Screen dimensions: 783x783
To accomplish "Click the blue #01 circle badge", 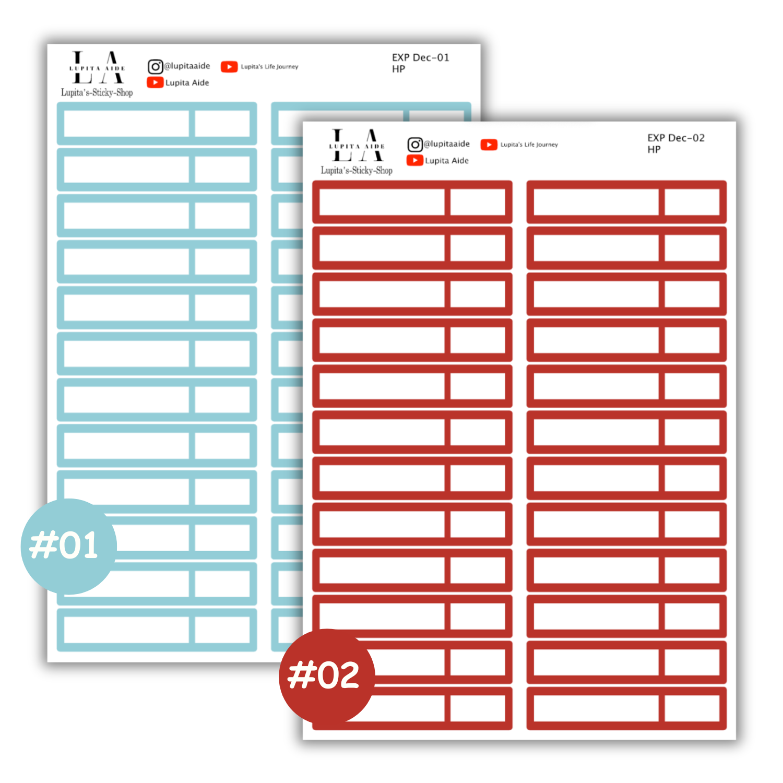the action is (x=68, y=546).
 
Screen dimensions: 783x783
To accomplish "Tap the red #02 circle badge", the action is (x=327, y=676).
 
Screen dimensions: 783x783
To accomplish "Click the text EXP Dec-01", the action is (x=420, y=57).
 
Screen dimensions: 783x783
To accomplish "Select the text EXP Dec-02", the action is (x=676, y=138).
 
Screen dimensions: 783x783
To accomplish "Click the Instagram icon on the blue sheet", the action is (x=155, y=67).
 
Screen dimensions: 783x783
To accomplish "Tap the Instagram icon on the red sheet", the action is (x=415, y=145).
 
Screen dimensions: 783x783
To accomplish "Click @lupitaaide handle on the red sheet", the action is (x=447, y=144).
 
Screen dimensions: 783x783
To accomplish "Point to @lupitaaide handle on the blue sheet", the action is (x=187, y=66).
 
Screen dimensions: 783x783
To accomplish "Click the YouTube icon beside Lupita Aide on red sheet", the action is (x=415, y=160).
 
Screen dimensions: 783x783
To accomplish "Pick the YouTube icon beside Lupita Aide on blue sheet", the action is (x=155, y=82).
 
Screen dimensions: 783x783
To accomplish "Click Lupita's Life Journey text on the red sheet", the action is (x=529, y=145).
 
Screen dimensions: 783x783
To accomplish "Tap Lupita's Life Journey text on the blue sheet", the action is (x=269, y=67).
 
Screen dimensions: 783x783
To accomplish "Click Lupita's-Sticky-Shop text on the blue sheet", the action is (x=97, y=92).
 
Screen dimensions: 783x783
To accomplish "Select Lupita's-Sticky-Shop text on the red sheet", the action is (x=357, y=170).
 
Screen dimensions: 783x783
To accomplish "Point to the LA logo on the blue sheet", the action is (x=98, y=67).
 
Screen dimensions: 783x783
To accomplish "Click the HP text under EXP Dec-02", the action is (x=654, y=150).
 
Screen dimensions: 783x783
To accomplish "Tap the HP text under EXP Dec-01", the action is (x=399, y=69).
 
